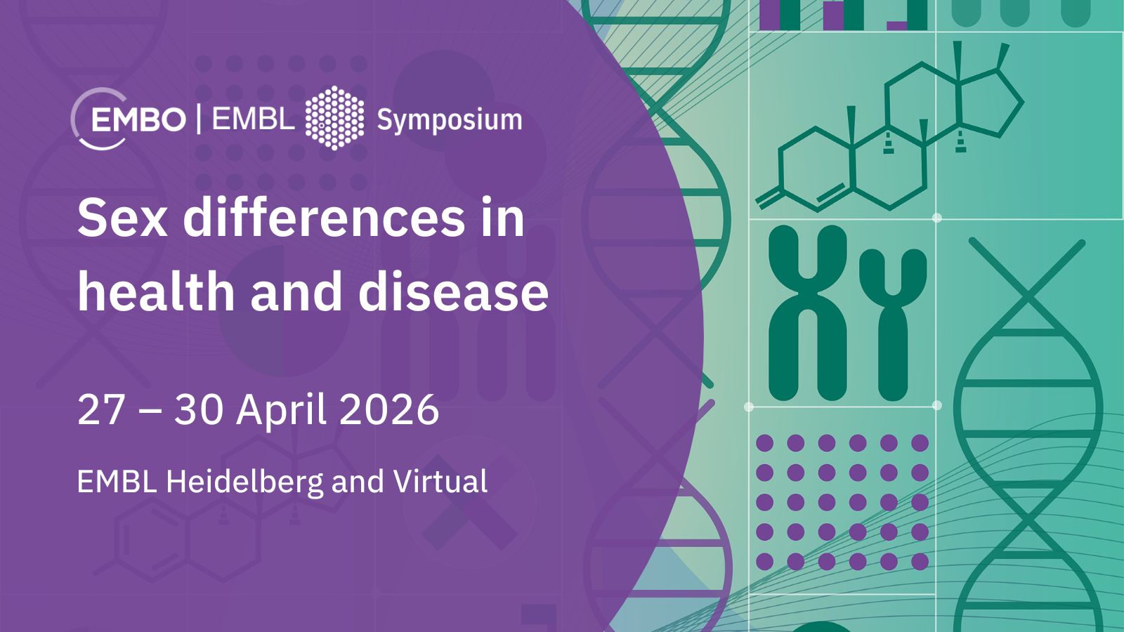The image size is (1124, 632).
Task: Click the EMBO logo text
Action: click(138, 120)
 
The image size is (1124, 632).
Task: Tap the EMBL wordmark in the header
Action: click(254, 119)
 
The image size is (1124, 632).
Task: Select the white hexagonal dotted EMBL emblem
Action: click(334, 118)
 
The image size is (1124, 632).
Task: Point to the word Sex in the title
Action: click(122, 218)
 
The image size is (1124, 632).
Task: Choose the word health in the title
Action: click(156, 290)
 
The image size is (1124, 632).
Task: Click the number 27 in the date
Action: click(100, 410)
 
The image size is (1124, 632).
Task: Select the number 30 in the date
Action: click(198, 410)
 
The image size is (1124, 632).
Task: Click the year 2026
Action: click(389, 410)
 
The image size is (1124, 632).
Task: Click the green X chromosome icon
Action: click(808, 313)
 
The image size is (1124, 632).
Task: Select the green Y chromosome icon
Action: click(893, 324)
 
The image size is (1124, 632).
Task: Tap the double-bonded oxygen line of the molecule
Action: click(769, 198)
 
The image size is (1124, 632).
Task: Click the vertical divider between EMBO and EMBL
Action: click(200, 119)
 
